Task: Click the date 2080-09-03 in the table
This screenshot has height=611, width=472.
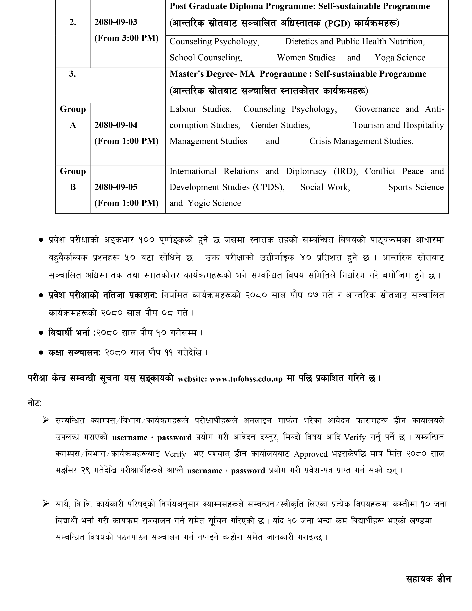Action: (x=116, y=22)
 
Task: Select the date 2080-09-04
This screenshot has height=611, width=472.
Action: (x=116, y=125)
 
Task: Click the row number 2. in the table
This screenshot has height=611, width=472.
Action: (x=73, y=22)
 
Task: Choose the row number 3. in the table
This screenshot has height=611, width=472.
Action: (x=72, y=74)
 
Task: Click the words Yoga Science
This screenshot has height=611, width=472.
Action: (x=400, y=58)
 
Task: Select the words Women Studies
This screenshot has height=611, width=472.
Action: (x=306, y=58)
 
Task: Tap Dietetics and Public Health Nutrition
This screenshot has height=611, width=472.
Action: (x=355, y=41)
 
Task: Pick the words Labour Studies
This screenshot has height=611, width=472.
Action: (x=200, y=109)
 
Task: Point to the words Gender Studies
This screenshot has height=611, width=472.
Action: (x=280, y=125)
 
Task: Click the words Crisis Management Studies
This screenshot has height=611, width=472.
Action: (x=361, y=141)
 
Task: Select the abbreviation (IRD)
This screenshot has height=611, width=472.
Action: (x=346, y=171)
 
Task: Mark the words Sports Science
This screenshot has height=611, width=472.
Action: (x=416, y=187)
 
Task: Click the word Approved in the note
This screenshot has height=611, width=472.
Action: (x=310, y=454)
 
